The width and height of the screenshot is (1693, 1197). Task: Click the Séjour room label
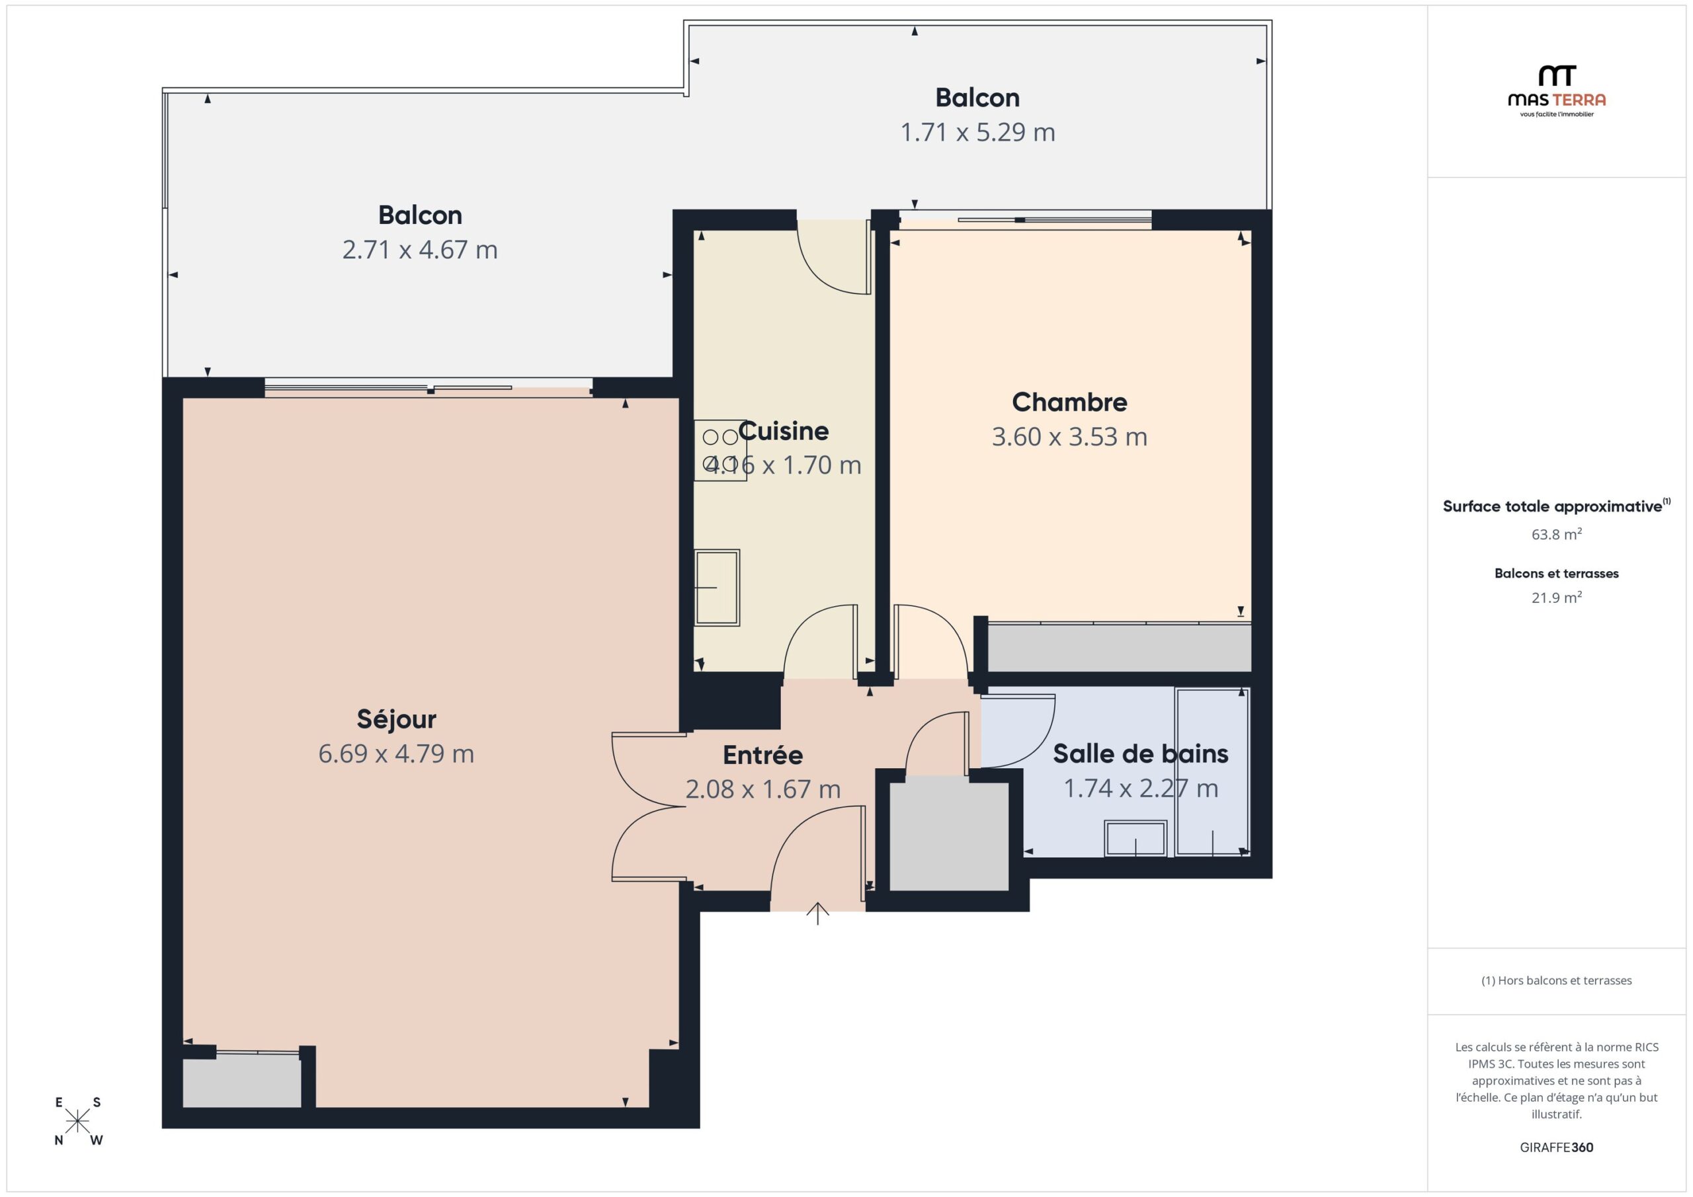click(x=397, y=718)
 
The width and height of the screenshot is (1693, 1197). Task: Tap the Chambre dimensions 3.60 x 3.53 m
click(x=1069, y=437)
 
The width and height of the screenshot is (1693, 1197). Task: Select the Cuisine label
click(x=783, y=431)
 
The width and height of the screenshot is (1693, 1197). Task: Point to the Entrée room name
click(x=763, y=755)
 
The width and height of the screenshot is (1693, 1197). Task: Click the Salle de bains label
click(x=1141, y=753)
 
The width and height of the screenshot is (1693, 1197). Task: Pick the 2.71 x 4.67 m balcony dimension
click(x=419, y=250)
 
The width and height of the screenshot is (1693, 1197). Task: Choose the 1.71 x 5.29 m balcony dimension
click(x=977, y=133)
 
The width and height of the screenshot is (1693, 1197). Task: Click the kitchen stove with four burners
click(x=720, y=450)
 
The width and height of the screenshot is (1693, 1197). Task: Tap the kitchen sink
click(x=717, y=588)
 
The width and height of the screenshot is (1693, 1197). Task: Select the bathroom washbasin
click(x=1136, y=839)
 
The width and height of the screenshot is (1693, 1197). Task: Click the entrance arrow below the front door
click(x=818, y=913)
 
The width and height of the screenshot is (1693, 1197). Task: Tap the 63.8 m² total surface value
click(x=1557, y=533)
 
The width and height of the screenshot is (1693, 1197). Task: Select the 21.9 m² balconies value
click(x=1557, y=597)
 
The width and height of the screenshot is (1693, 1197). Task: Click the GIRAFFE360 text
click(x=1557, y=1147)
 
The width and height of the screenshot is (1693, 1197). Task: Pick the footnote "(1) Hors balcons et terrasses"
click(x=1557, y=980)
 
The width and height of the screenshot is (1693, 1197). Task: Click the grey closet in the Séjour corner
click(x=242, y=1081)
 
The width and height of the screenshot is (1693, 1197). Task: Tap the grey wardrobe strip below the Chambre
click(x=1120, y=647)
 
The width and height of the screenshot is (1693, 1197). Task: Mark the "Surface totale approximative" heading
click(x=1552, y=506)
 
